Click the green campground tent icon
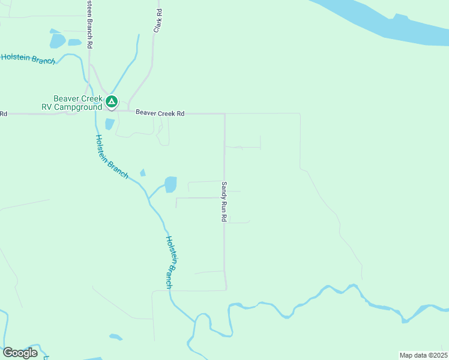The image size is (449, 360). click(112, 102)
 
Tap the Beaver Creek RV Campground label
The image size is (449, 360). click(77, 103)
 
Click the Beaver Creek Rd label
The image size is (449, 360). click(160, 112)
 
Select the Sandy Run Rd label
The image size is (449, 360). click(224, 202)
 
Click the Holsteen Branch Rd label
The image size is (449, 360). click(89, 24)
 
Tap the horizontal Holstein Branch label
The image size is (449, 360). click(28, 59)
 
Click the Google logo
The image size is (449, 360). click(20, 352)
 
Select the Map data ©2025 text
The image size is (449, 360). click(423, 355)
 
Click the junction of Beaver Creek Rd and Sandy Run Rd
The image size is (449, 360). click(224, 113)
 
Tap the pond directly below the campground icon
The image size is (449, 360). click(109, 124)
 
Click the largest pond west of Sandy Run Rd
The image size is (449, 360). click(170, 184)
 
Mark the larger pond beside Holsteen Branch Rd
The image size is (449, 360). click(58, 41)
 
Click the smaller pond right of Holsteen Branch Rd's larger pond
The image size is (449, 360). click(74, 43)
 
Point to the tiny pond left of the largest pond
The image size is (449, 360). click(143, 173)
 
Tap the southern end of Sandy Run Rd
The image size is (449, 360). click(226, 289)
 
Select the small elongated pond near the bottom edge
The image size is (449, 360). click(116, 337)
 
